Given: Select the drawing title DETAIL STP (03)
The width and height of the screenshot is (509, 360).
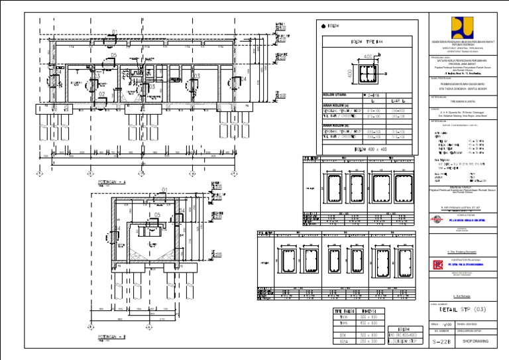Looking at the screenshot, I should tap(463, 309).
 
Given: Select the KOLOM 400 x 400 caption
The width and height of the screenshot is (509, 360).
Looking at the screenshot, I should tap(368, 150).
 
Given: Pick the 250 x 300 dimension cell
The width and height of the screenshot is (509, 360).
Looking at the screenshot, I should tap(368, 342).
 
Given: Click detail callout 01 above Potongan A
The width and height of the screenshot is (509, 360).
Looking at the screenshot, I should tap(115, 31).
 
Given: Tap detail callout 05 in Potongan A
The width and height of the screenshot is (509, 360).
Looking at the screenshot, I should tap(114, 56).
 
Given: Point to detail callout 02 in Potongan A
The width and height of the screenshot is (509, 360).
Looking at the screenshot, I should tap(102, 94).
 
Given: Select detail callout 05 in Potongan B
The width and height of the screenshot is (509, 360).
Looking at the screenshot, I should tap(157, 215).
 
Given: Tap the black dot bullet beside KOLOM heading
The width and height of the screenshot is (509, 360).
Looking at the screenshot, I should tap(323, 26).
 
